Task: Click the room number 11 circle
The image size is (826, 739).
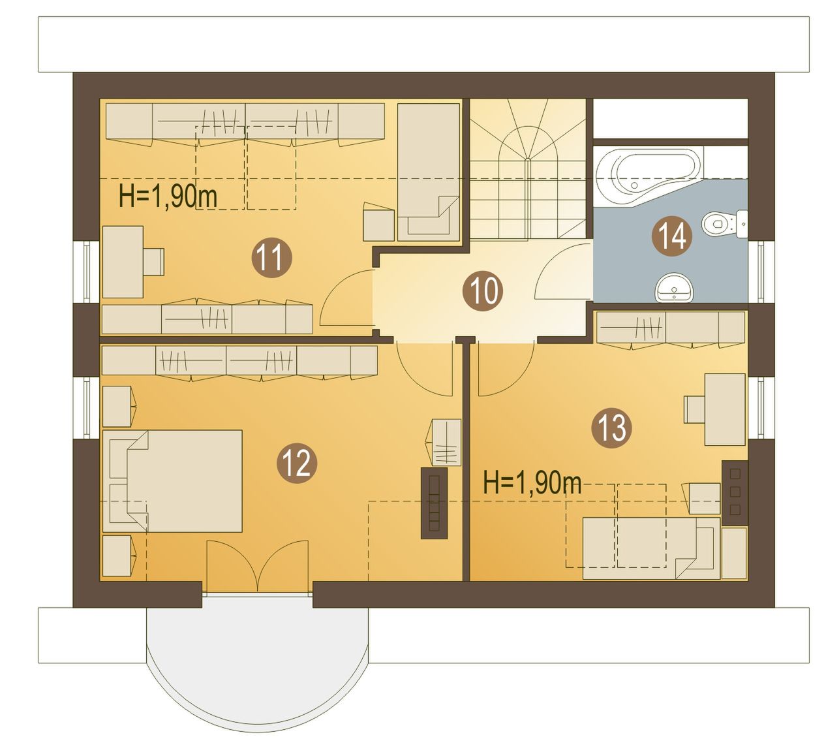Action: pos(271,257)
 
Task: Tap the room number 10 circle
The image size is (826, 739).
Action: pos(483,291)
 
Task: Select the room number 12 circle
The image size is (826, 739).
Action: pos(296,463)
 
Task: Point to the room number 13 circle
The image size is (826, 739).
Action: pos(611,428)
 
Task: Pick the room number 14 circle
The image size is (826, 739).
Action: pos(672,236)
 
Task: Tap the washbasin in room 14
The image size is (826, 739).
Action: pos(674,288)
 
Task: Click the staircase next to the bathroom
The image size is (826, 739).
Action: pos(528,169)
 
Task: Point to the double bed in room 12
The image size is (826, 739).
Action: pos(172,482)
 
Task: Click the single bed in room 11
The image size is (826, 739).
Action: pos(429,172)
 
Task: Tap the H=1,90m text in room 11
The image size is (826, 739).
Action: pos(168,196)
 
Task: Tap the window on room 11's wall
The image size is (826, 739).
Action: pos(87,272)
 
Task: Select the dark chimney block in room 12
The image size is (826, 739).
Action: pos(434,503)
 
